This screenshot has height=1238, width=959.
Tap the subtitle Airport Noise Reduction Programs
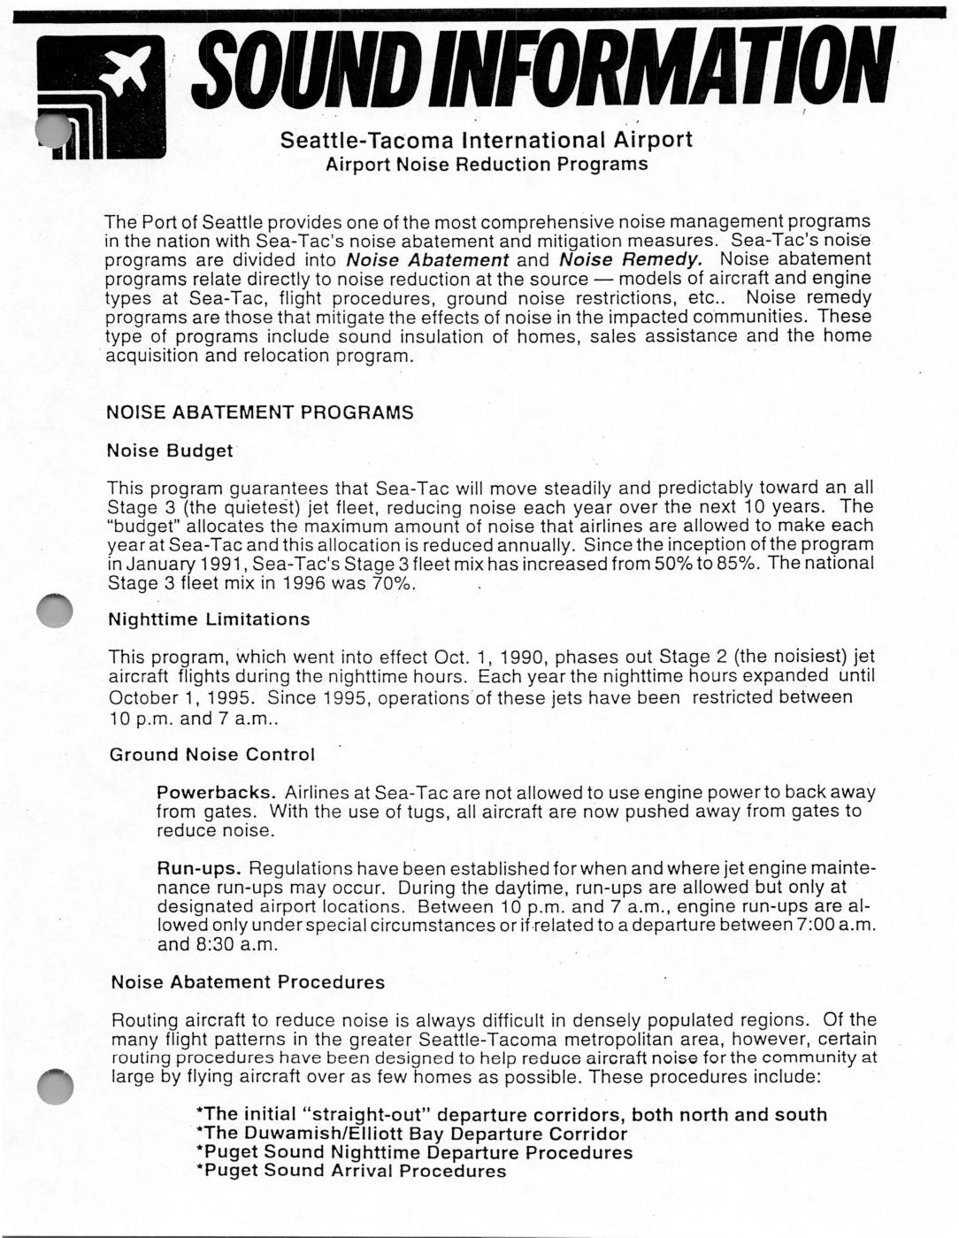point(487,165)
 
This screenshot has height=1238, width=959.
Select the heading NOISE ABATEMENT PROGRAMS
point(260,413)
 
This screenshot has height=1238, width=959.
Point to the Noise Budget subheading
point(170,450)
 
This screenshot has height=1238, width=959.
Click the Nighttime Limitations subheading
point(209,619)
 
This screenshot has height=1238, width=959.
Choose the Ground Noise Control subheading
point(211,755)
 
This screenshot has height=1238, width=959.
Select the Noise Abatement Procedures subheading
point(248,982)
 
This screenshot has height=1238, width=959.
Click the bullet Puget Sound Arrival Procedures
point(351,1171)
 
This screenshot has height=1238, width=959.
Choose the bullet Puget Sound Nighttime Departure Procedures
point(414,1152)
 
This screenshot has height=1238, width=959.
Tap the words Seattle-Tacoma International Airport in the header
point(487,140)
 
